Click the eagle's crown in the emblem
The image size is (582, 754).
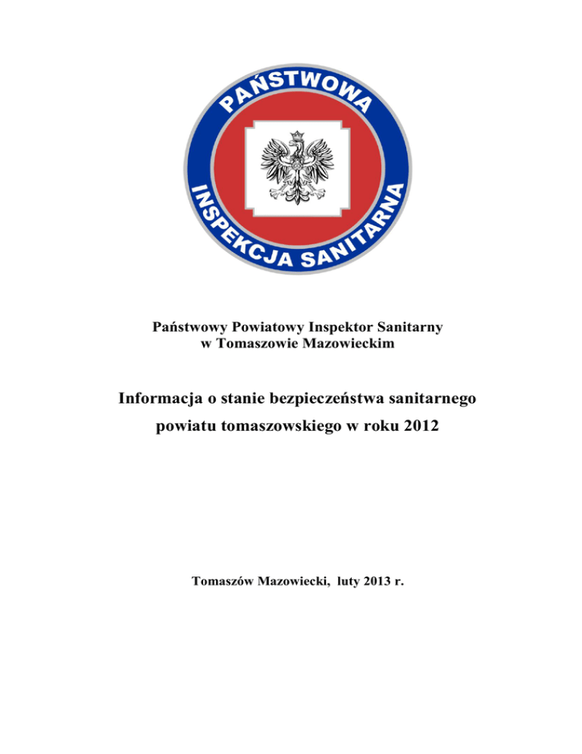[296, 136]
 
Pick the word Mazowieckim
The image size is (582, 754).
[345, 344]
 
